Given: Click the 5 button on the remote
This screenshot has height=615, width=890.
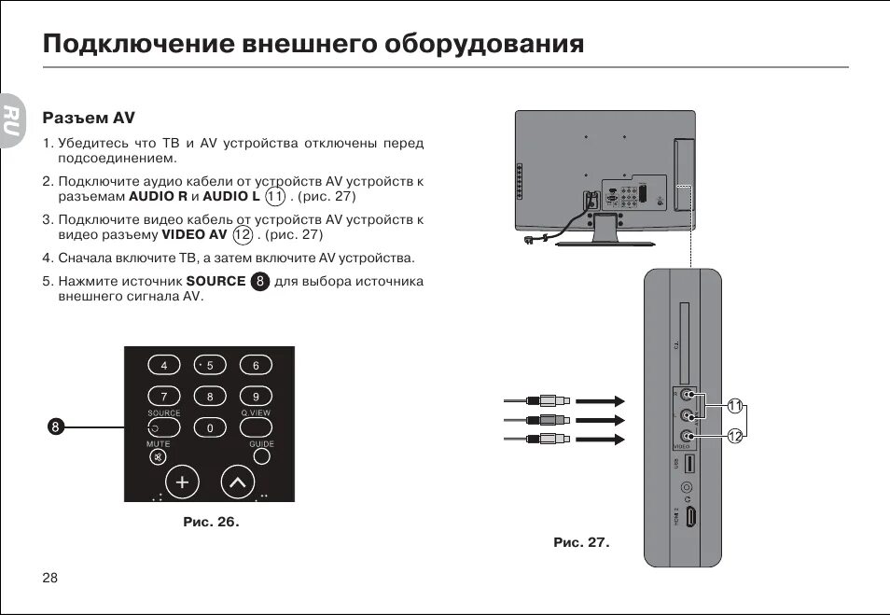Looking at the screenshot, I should [210, 365].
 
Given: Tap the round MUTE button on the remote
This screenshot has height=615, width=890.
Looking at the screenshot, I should [158, 458].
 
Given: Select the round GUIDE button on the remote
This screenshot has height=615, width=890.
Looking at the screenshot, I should [262, 457].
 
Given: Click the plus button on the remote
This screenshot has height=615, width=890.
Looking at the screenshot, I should [182, 482].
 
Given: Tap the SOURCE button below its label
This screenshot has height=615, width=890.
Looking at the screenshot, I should [164, 427].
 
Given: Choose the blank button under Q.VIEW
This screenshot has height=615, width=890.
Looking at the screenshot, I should [256, 427].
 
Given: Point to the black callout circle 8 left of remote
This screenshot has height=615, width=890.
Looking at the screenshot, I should [55, 427].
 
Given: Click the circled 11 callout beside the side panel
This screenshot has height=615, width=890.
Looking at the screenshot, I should [735, 406].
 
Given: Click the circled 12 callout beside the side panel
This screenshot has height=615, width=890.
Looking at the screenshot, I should [735, 436].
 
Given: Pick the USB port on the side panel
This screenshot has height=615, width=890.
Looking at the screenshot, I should [688, 463].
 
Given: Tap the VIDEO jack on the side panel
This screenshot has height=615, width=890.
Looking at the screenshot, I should [688, 436].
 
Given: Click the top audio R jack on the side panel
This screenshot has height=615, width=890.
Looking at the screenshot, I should [688, 396].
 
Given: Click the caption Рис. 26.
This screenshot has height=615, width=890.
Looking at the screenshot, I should [211, 522].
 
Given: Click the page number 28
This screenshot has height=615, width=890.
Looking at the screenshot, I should [50, 578].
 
